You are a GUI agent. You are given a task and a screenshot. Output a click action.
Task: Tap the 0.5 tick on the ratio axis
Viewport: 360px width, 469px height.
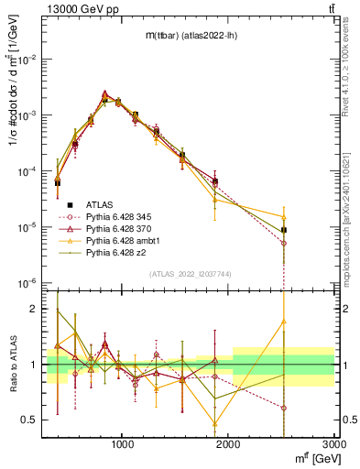[33, 420]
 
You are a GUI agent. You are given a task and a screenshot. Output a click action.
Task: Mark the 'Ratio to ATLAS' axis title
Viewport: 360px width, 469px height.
[14, 365]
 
